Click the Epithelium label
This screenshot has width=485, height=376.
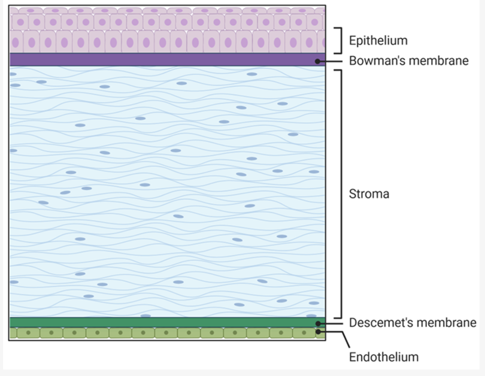[378, 41]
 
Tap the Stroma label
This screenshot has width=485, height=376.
[369, 194]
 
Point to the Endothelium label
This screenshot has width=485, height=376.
[384, 357]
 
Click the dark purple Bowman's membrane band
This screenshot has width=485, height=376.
[167, 59]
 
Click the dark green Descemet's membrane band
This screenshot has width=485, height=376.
[167, 322]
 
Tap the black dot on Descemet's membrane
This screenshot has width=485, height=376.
[318, 323]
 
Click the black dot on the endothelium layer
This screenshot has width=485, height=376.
[318, 332]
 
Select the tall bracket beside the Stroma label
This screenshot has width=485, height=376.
[341, 194]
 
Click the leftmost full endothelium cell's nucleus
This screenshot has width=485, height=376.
[29, 333]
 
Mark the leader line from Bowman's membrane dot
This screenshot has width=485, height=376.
[330, 61]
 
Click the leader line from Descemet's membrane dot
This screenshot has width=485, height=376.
[331, 323]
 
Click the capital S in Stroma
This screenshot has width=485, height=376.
[353, 194]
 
